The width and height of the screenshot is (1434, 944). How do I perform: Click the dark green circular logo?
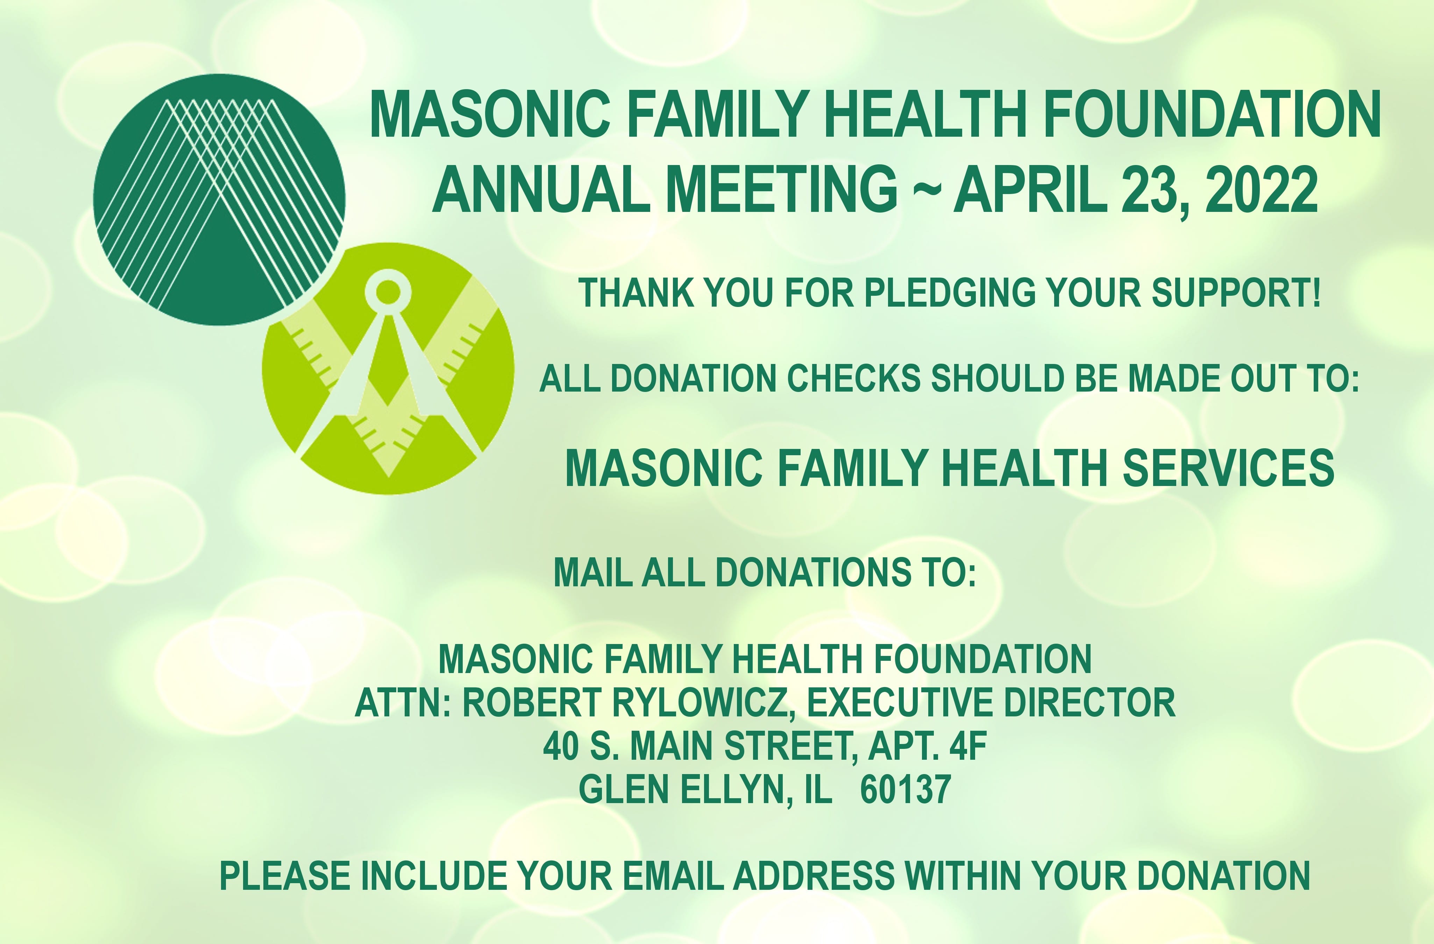219,199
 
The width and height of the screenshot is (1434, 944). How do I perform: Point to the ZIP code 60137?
906,789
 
